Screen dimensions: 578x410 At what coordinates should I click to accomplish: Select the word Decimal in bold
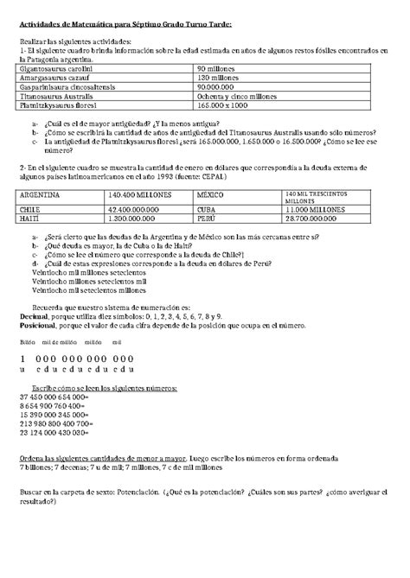coord(35,317)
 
